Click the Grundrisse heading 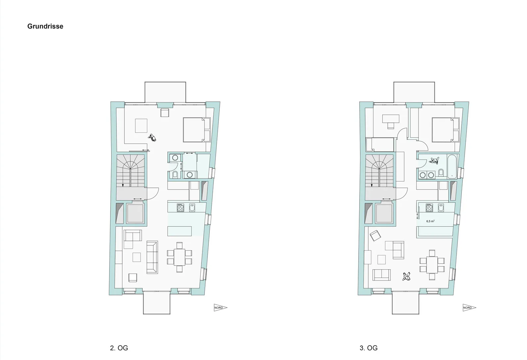click(45, 26)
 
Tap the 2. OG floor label click(119, 348)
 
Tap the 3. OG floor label click(369, 348)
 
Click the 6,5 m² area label click(430, 221)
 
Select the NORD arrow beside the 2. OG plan click(220, 307)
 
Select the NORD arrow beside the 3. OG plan click(469, 307)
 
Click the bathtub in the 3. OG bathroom click(452, 166)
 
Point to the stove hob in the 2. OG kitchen click(180, 208)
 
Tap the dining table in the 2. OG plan click(179, 257)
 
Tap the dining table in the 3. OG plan click(432, 265)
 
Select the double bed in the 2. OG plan click(197, 130)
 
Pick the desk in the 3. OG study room click(391, 119)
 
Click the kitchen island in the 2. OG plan click(180, 231)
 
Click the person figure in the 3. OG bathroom click(435, 161)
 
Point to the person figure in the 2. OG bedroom click(153, 137)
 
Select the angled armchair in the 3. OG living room click(375, 236)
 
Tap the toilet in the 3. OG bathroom click(441, 173)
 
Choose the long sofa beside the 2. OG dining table click(152, 257)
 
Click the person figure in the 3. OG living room click(407, 276)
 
